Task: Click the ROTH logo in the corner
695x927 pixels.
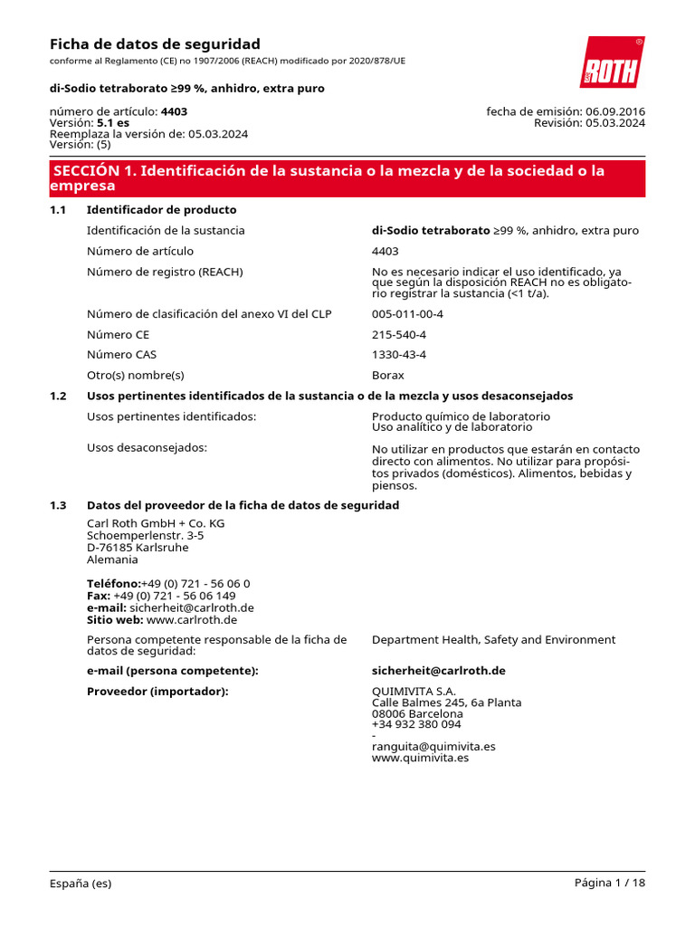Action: pos(612,62)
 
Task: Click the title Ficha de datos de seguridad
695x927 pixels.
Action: pos(155,44)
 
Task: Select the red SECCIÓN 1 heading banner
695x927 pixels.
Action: pos(347,178)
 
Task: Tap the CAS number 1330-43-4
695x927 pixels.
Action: pos(399,355)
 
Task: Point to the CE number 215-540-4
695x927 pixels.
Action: pos(399,334)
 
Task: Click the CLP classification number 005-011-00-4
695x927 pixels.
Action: pos(407,314)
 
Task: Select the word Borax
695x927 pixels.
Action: pos(388,375)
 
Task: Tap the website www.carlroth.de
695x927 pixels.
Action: pos(192,620)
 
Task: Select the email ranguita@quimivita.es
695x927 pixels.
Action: pos(433,747)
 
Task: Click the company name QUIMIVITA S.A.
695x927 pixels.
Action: pos(407,692)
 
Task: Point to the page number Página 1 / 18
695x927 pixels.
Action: pos(610,883)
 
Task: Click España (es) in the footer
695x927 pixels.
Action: pos(81,884)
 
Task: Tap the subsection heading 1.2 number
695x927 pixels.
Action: pos(58,396)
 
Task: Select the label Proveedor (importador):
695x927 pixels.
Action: pos(157,692)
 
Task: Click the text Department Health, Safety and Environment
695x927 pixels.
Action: pos(493,640)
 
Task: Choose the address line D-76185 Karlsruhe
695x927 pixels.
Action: pos(138,548)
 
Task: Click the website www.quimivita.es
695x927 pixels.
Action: pos(420,758)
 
